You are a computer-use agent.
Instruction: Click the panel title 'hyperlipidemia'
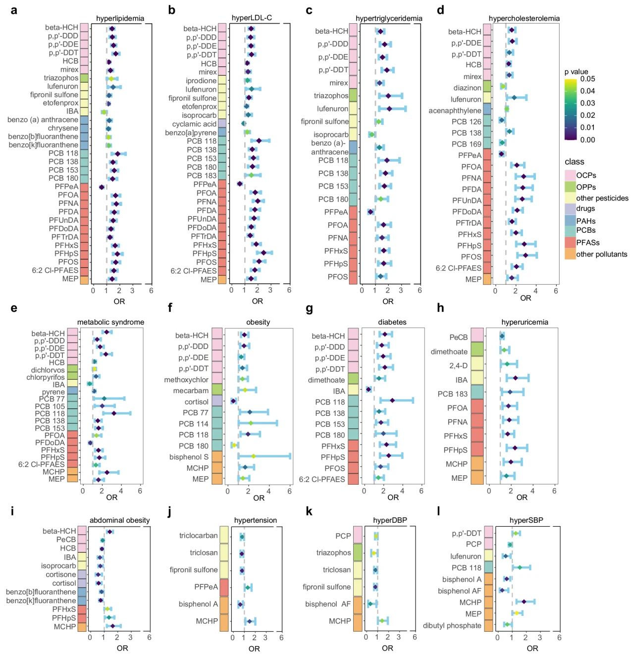click(x=120, y=18)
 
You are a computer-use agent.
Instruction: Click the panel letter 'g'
click(x=310, y=308)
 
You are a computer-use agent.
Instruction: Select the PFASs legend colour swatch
click(x=570, y=243)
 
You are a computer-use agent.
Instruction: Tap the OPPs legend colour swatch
click(x=570, y=187)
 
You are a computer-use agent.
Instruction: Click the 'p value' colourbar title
click(x=576, y=72)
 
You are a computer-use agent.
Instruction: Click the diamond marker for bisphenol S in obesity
click(x=254, y=456)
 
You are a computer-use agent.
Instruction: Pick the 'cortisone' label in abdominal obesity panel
click(x=61, y=574)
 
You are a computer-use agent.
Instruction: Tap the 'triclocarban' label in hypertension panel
click(x=198, y=536)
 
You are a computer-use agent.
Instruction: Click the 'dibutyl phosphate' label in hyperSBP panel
click(x=452, y=625)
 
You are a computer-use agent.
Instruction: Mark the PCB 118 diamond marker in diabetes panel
click(x=392, y=400)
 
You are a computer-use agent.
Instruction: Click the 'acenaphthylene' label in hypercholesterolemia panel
click(x=455, y=110)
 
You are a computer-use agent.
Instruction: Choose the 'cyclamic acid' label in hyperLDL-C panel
click(x=194, y=124)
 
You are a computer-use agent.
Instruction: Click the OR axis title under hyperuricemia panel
click(x=522, y=497)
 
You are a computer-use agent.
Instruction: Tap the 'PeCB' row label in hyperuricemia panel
click(x=458, y=337)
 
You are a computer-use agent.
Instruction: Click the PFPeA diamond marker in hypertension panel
click(x=248, y=587)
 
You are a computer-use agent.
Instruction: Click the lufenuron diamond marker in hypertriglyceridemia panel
click(x=389, y=108)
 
